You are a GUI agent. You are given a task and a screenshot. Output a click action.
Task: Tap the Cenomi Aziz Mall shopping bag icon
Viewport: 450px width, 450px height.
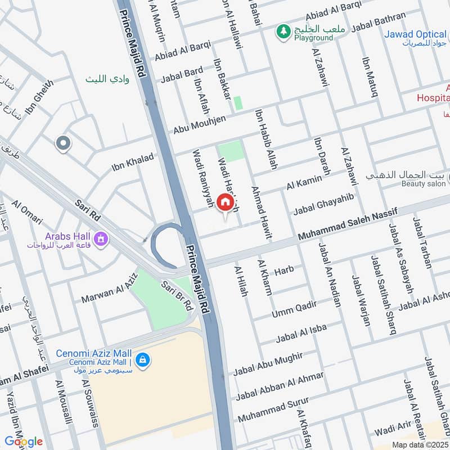[x=142, y=359]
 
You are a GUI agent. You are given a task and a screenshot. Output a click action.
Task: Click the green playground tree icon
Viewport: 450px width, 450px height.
[x=283, y=33]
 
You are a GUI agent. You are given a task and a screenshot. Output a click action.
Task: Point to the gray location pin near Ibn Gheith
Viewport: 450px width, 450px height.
[x=63, y=144]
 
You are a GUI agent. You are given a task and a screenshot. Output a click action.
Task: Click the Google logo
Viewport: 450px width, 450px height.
[x=24, y=442]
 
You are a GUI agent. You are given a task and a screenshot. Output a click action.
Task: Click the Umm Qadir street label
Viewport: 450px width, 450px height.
[x=294, y=308]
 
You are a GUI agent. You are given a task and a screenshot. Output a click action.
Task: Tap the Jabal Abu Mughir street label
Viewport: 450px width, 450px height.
[x=268, y=363]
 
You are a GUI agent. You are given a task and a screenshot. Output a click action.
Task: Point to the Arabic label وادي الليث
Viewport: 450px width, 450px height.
[x=107, y=80]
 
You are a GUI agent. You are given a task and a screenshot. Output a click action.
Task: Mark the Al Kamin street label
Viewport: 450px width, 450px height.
[x=304, y=182]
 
